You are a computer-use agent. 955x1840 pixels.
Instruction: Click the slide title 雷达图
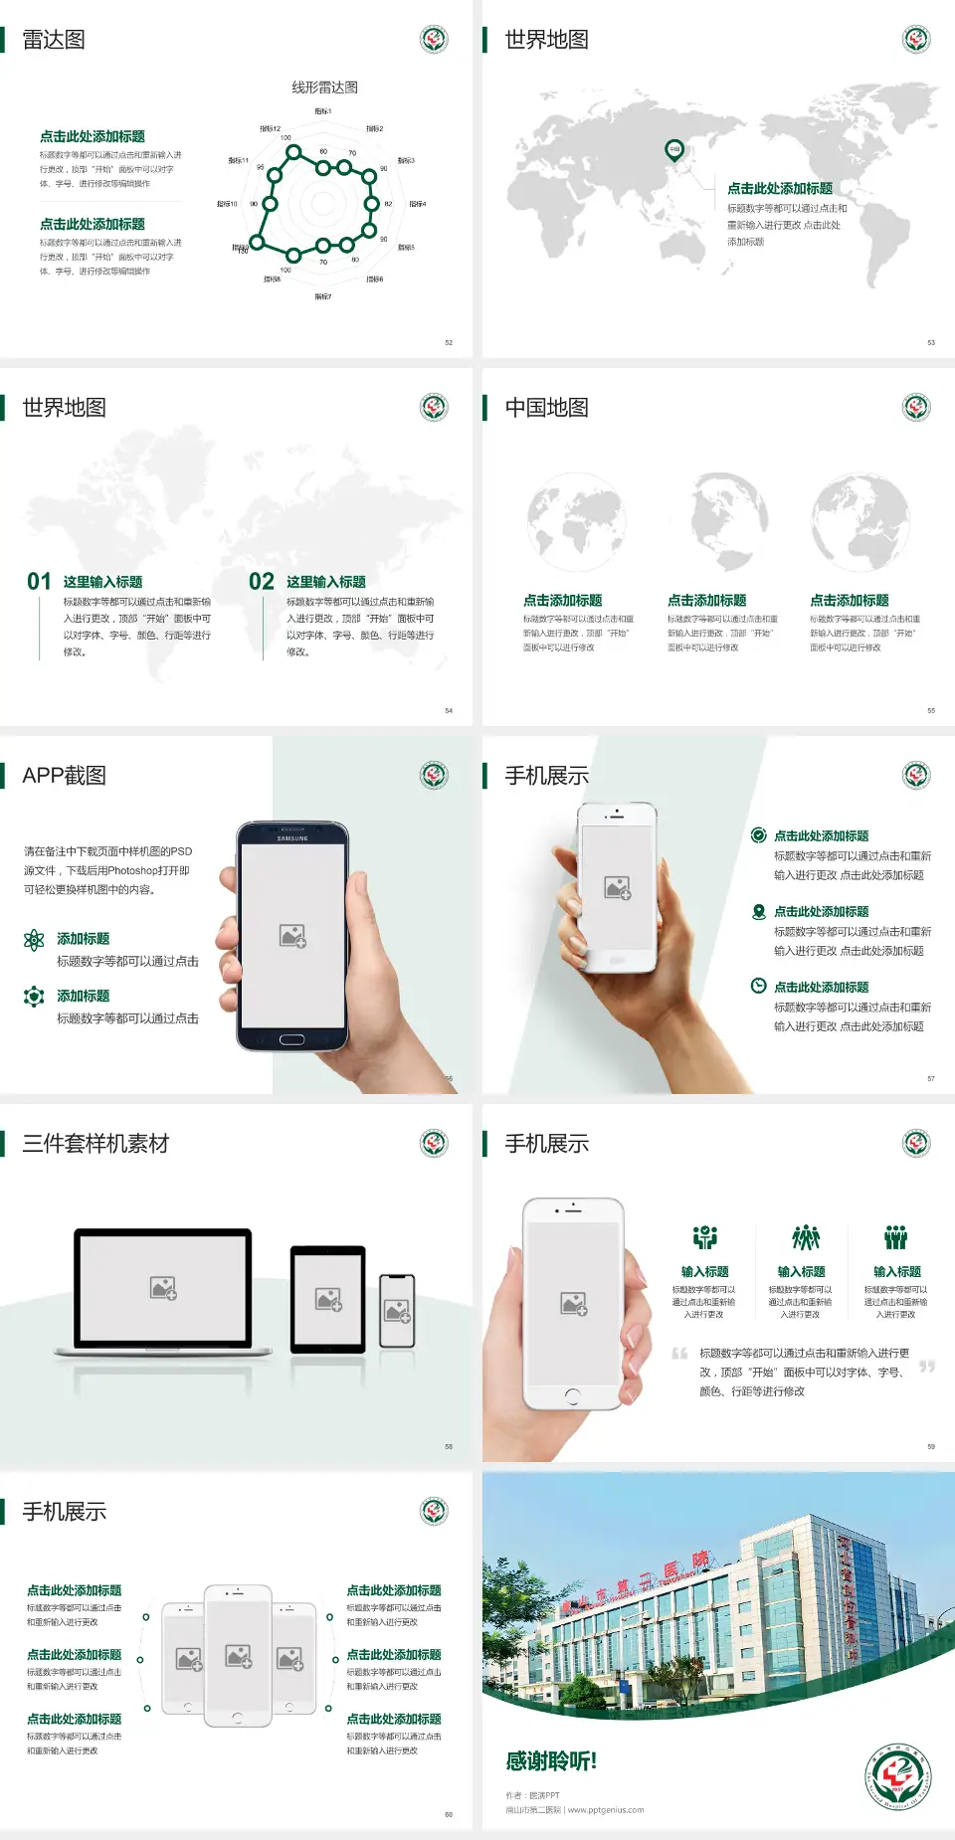[54, 40]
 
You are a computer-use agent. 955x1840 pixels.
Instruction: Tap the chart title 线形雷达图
[324, 88]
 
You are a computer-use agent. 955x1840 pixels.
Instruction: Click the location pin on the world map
[674, 150]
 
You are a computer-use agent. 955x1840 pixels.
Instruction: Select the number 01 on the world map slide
[39, 582]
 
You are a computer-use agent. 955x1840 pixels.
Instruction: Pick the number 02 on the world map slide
[262, 582]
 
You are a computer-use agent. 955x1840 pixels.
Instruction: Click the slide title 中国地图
[546, 408]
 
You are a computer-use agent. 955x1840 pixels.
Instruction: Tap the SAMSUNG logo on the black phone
[292, 838]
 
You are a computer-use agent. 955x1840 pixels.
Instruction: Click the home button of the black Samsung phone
[291, 1039]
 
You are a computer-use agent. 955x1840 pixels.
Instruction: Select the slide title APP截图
[64, 776]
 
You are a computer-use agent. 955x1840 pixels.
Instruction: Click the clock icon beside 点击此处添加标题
[758, 986]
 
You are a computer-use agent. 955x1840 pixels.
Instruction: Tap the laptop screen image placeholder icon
[163, 1288]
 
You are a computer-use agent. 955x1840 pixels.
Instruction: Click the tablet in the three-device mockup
[328, 1299]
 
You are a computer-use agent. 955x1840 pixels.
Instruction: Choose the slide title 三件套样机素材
[95, 1144]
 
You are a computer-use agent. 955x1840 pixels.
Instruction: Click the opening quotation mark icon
[679, 1354]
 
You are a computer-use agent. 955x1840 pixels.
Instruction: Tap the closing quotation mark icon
[927, 1367]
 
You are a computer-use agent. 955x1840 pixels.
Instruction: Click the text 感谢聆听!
[551, 1761]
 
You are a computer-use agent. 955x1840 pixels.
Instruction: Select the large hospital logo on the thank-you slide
[898, 1776]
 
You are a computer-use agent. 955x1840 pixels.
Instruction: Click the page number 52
[449, 342]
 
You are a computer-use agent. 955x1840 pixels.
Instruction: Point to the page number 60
[449, 1814]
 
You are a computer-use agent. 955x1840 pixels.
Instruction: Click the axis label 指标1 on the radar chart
[323, 111]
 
